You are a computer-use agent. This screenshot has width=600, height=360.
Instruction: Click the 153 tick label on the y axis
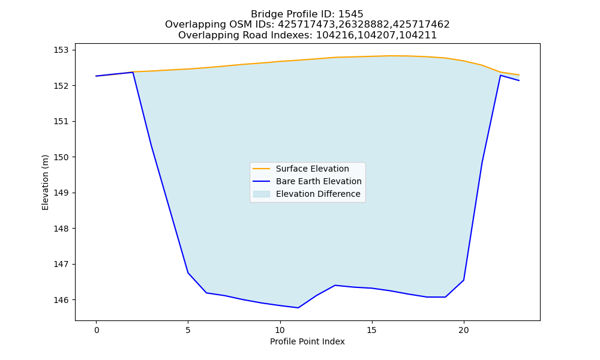point(61,50)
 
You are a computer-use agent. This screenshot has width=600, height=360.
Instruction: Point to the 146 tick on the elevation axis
point(61,300)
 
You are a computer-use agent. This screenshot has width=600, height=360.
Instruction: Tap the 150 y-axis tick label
point(61,157)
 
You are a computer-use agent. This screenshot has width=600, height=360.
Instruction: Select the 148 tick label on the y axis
point(61,229)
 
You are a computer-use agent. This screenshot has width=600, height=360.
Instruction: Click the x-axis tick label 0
point(97,330)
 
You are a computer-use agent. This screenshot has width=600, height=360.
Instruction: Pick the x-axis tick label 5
point(188,330)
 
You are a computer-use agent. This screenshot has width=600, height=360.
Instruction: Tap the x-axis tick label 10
point(280,330)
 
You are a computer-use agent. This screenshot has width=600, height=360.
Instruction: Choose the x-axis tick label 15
point(372,330)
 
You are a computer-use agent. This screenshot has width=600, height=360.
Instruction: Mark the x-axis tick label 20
point(464,330)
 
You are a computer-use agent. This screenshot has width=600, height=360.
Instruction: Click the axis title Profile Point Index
point(307,341)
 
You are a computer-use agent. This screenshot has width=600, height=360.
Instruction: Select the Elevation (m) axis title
point(46,182)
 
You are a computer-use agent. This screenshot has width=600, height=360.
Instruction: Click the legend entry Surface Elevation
point(312,169)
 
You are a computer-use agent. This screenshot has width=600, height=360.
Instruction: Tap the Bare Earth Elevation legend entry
point(319,181)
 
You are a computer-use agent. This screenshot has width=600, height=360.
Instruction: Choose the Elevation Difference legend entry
point(318,194)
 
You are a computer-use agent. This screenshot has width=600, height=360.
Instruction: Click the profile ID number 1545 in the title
point(351,14)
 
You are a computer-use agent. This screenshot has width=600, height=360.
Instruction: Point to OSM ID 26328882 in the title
point(364,25)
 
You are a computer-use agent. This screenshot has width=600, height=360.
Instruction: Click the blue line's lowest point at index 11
point(298,308)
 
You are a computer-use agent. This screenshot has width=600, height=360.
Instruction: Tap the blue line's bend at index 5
point(188,273)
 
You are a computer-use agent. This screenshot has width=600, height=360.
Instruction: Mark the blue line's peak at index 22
point(500,76)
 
